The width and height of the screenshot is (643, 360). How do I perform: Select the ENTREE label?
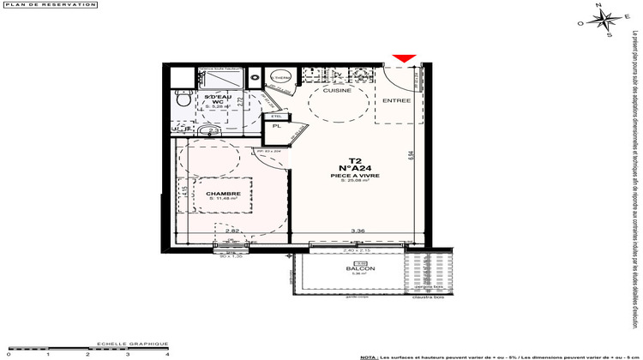396,100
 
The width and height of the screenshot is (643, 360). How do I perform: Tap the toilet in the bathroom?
182,100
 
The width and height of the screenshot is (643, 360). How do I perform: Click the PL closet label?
276,126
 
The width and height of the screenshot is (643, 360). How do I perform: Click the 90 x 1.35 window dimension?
225,255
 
